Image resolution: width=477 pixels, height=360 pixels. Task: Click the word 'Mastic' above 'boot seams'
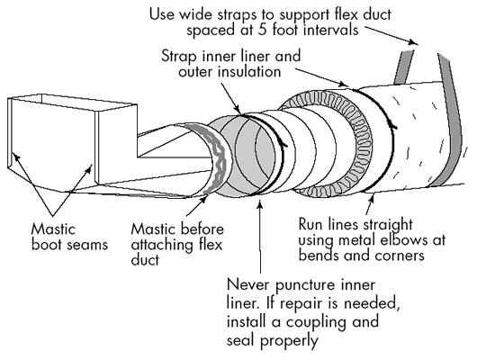click(x=53, y=229)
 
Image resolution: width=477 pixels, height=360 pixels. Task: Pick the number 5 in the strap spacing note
click(x=263, y=30)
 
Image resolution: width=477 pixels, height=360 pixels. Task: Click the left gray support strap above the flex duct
click(x=404, y=67)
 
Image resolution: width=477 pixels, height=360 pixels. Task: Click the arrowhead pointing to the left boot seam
click(x=17, y=157)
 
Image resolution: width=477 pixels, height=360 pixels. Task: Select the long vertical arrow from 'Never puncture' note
click(x=260, y=236)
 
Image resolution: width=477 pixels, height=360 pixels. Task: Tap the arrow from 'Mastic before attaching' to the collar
click(x=197, y=206)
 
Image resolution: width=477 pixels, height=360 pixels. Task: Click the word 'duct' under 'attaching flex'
click(x=145, y=260)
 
